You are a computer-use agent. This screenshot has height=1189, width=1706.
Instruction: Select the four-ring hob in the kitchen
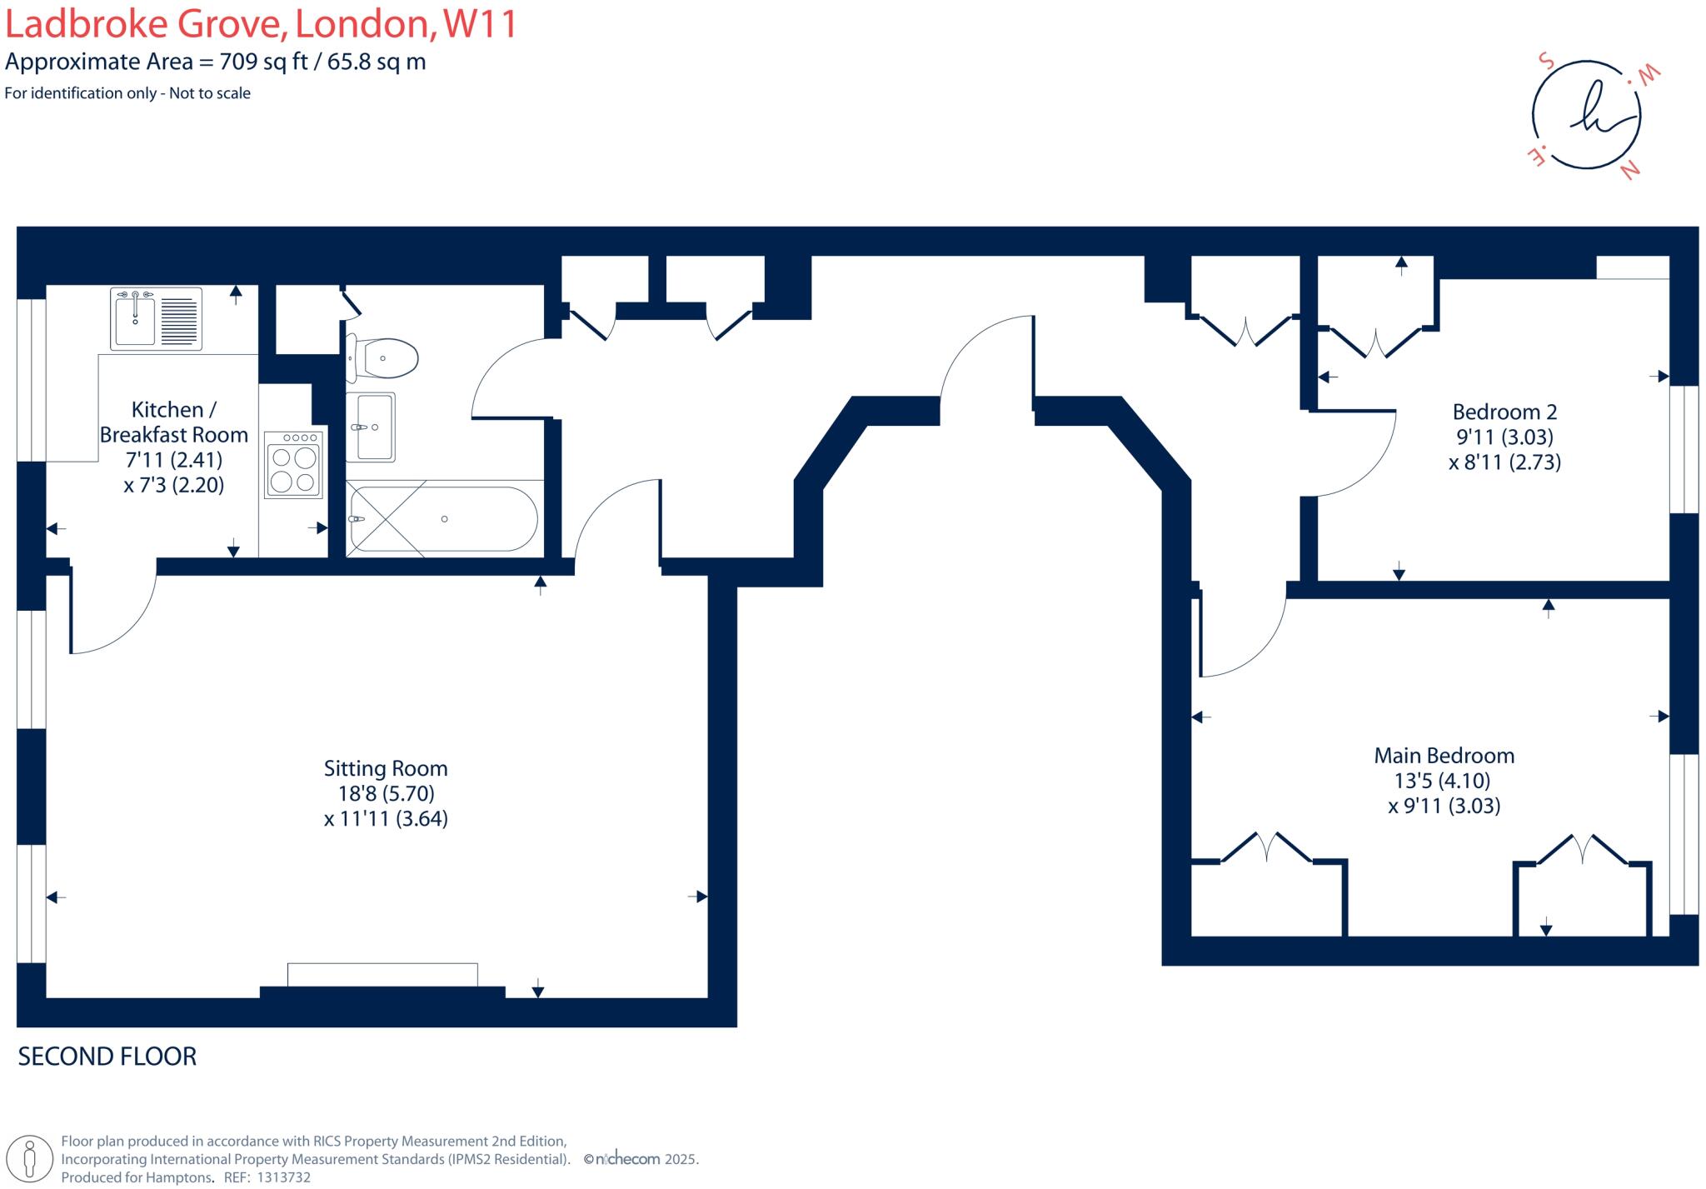click(293, 465)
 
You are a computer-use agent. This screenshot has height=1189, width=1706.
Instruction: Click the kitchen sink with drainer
click(156, 318)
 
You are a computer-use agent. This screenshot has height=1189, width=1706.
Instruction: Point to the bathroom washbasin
click(372, 427)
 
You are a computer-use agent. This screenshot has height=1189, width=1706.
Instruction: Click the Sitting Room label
click(386, 768)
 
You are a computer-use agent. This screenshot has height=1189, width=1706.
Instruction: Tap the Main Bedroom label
click(1444, 756)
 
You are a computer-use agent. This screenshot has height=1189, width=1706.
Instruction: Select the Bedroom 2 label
click(1504, 412)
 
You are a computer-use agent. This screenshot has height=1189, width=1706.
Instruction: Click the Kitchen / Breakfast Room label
click(173, 422)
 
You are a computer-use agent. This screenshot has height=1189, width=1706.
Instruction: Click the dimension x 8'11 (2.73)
click(1504, 462)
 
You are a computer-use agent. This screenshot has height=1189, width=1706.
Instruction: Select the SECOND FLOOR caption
click(107, 1057)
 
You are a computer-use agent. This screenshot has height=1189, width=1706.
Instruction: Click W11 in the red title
click(480, 23)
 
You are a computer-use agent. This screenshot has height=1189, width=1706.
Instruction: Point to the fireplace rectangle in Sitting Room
click(382, 974)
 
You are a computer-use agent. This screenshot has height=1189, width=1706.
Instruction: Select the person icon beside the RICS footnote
click(31, 1159)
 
